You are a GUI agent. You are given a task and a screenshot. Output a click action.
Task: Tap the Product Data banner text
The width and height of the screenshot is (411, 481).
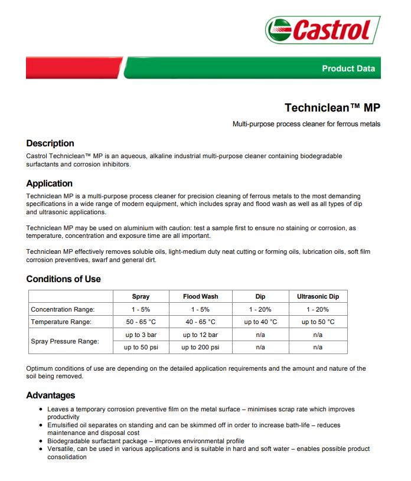348,68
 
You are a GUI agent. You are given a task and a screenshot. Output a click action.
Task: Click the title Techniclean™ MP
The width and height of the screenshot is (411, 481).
332,107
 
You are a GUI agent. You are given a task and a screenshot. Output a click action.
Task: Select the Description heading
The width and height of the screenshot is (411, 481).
50,143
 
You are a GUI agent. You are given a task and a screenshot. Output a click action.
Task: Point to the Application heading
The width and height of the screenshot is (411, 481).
50,184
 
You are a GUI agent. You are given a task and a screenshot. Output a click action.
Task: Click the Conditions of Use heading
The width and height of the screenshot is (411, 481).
64,279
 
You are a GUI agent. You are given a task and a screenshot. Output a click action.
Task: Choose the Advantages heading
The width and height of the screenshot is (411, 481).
51,395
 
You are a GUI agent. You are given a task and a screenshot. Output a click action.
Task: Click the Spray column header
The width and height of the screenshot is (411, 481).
141,297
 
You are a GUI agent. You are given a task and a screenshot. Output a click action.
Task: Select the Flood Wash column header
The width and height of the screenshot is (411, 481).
200,297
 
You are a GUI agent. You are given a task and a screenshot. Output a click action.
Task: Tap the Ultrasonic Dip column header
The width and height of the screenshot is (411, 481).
318,297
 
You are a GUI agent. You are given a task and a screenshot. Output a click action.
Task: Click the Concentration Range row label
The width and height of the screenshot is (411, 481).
63,309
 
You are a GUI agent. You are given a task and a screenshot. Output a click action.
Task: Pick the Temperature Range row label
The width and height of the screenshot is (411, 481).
61,322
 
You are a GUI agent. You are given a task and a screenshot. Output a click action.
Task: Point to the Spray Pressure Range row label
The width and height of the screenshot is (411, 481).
65,341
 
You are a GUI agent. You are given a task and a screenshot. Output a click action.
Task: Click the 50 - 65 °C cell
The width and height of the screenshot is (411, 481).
141,322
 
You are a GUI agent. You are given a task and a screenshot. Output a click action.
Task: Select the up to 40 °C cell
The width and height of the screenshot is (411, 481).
260,322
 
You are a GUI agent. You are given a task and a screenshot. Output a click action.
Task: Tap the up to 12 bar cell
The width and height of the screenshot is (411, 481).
200,335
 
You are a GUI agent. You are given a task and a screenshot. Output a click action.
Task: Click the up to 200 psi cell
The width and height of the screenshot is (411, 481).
200,348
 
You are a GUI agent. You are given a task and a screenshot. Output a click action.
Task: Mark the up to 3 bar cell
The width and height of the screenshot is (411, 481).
141,335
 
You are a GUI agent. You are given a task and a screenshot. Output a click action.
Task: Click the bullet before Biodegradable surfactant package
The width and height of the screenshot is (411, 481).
40,441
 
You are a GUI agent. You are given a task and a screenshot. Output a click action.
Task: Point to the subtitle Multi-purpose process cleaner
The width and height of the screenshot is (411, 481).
306,124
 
